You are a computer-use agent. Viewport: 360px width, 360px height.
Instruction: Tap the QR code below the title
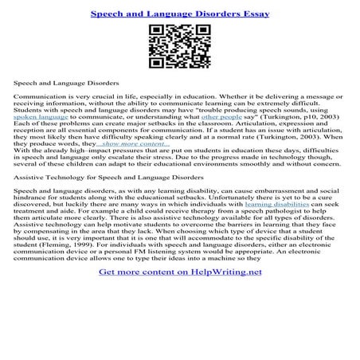pyautogui.click(x=179, y=47)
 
